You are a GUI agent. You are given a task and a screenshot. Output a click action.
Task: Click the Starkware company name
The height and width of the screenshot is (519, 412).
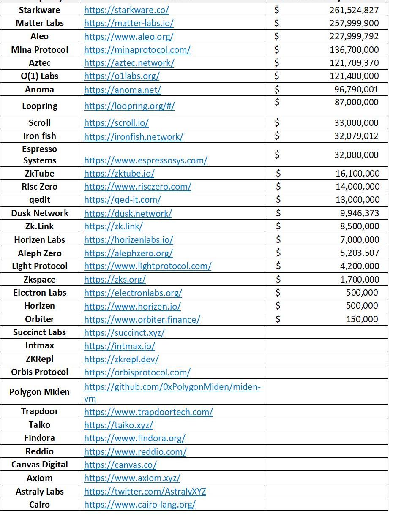[x=39, y=10]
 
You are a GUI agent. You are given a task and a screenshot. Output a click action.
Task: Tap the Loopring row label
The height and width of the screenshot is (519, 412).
[x=39, y=106]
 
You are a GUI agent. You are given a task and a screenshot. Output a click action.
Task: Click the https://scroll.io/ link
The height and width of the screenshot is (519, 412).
[x=116, y=123]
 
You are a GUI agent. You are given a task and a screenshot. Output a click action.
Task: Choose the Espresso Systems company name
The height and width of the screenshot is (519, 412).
[x=39, y=155]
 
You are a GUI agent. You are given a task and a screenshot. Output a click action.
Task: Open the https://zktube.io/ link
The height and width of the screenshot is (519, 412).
[x=119, y=174]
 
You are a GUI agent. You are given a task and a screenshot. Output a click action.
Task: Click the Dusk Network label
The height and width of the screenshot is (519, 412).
[x=39, y=213]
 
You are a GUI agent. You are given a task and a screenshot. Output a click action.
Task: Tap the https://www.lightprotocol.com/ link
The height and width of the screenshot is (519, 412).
[x=147, y=266]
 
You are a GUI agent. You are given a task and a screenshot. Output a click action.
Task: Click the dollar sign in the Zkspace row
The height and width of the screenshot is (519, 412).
[x=278, y=279]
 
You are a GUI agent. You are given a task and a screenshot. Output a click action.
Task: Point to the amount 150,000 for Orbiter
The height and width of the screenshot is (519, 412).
[x=362, y=319]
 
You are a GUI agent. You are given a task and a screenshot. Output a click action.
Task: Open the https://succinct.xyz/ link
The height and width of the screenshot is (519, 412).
[x=124, y=333]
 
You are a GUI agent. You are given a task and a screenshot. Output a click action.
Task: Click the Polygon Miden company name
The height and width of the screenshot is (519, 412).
[x=39, y=392]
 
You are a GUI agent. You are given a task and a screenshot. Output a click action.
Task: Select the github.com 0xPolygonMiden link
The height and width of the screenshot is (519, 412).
[x=172, y=387]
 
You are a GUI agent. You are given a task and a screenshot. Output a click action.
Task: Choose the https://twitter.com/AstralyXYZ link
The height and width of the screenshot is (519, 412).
[x=145, y=492]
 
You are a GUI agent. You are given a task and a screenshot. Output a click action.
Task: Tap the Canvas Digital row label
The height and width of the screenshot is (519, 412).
[x=39, y=465]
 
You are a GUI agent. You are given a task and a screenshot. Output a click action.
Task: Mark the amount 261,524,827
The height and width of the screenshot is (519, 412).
[x=354, y=10]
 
